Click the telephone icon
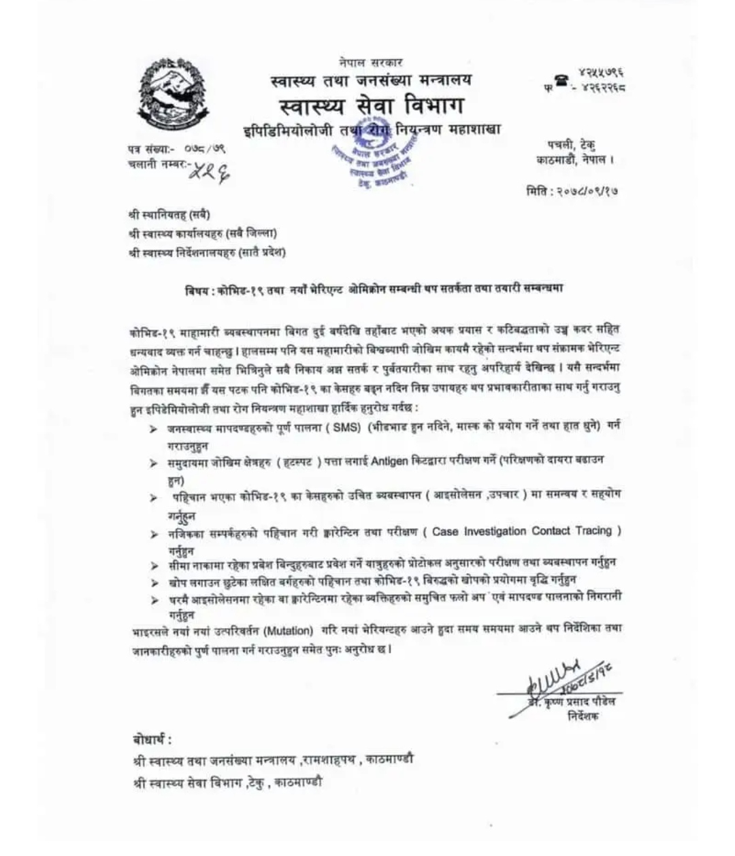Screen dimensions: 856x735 point(561,81)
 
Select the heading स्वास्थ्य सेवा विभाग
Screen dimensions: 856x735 point(371,106)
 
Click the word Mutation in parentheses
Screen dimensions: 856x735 point(289,630)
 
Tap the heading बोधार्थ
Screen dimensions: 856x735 point(152,740)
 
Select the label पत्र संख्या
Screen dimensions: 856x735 point(150,149)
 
